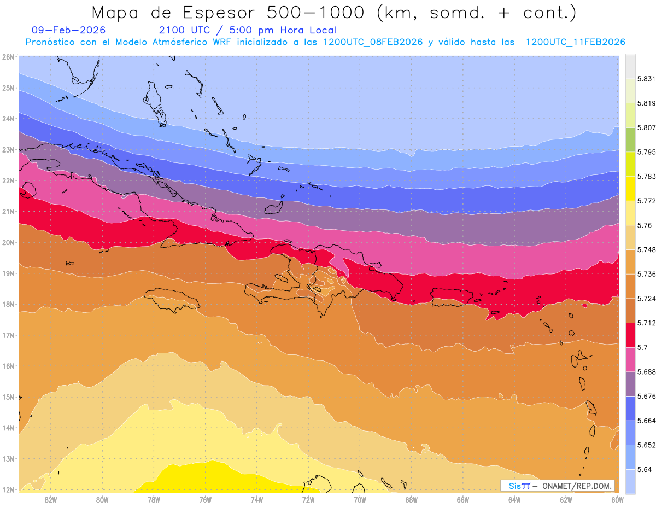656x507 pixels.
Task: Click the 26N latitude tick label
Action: point(8,56)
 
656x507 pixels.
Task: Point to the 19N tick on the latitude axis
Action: point(8,273)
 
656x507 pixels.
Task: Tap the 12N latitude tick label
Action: point(8,489)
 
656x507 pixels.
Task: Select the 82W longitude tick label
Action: point(51,499)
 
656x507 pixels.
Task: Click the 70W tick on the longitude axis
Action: point(360,499)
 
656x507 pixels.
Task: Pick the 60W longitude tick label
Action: point(617,499)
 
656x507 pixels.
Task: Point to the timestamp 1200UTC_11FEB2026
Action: point(575,42)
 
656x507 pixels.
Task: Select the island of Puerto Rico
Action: point(452,296)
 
